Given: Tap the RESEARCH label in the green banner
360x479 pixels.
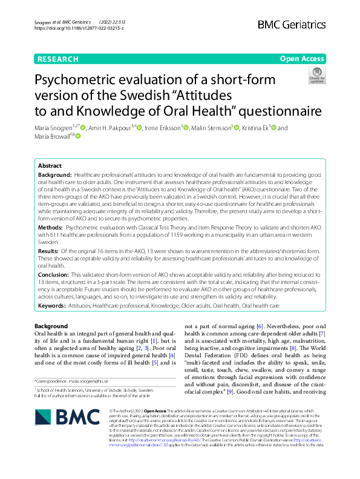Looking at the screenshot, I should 58,59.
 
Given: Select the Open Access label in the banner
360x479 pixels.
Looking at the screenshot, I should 302,59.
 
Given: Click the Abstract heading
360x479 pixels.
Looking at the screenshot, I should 50,165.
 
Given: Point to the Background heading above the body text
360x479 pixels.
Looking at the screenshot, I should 51,326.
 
